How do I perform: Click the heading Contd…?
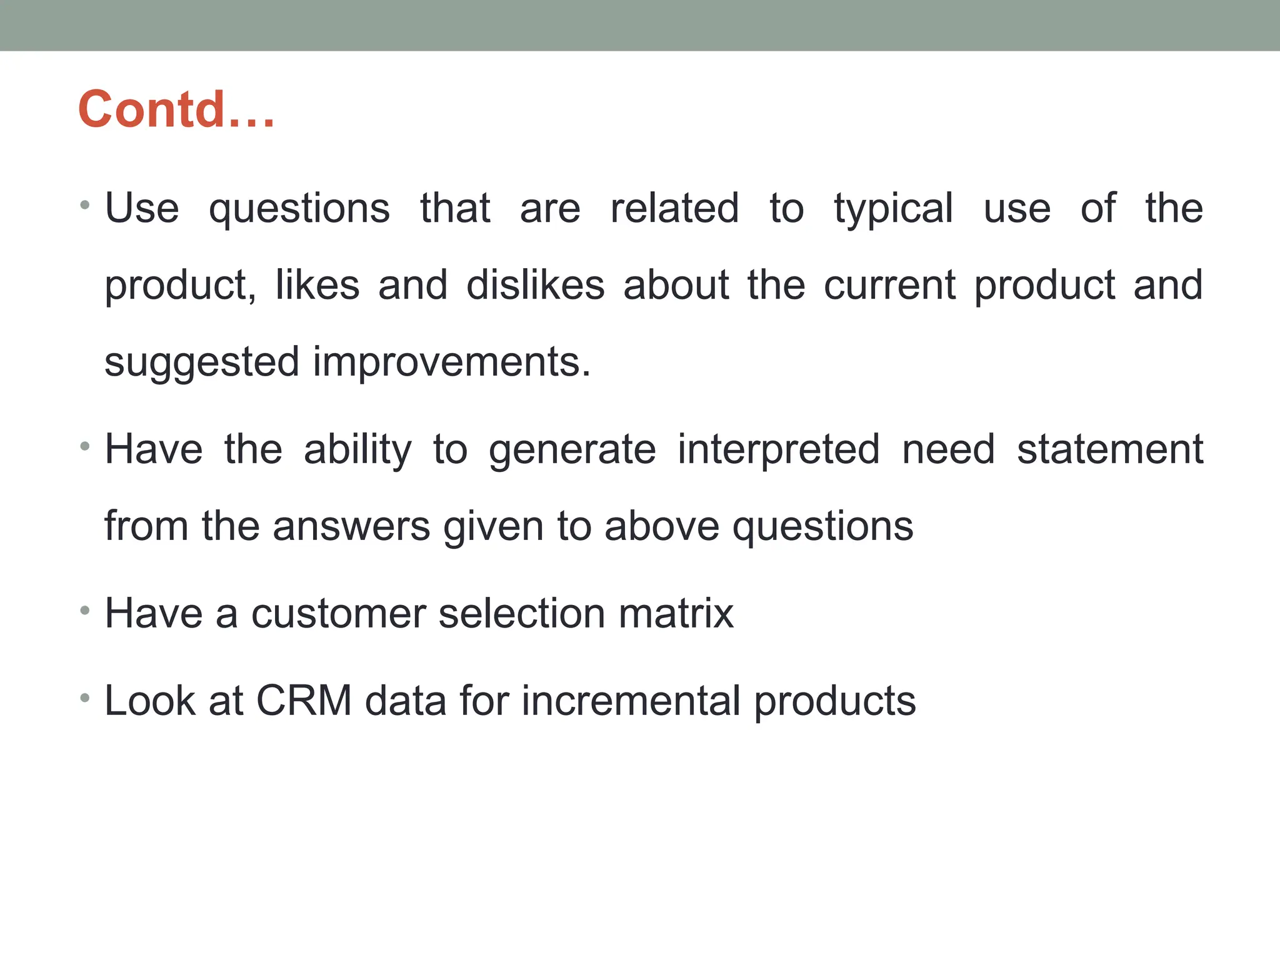[176, 109]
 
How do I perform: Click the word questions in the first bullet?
[299, 209]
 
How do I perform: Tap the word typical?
[893, 209]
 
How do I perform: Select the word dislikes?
[536, 286]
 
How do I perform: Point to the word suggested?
[202, 362]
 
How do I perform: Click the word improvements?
[451, 362]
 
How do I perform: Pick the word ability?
[357, 450]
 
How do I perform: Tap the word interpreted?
[779, 450]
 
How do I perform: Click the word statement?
[1109, 450]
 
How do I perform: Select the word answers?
[351, 526]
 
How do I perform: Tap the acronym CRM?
[304, 701]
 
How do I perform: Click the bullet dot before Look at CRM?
[85, 697]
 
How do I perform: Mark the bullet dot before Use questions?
[85, 205]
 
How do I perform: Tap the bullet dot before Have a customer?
[85, 609]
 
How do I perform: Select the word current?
[889, 286]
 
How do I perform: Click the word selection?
[522, 614]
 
